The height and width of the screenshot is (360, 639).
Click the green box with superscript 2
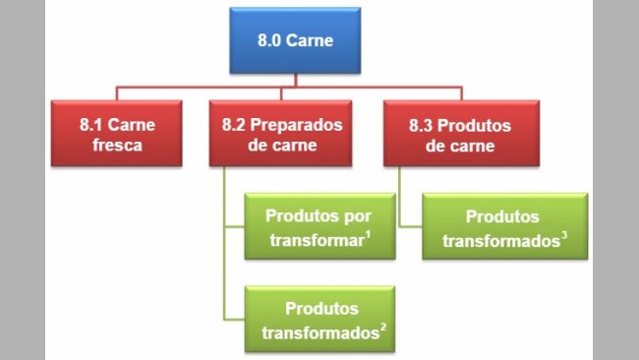[320, 319]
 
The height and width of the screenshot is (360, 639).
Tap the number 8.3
[421, 125]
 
